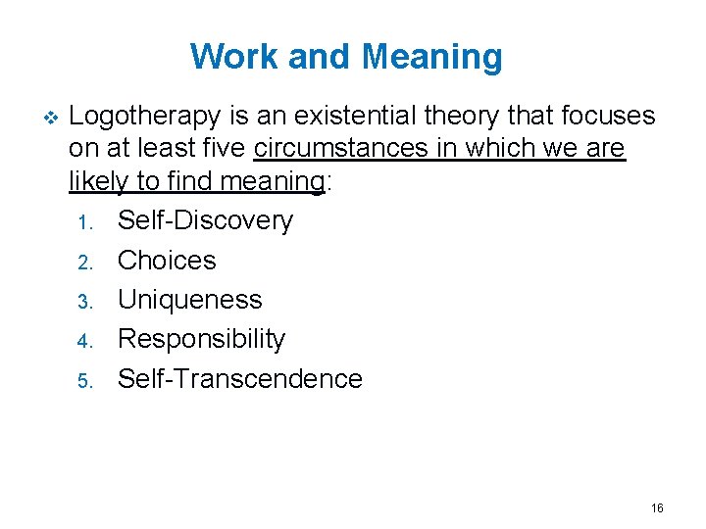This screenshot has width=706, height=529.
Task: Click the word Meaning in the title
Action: tap(431, 57)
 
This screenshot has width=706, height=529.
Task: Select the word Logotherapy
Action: tap(146, 117)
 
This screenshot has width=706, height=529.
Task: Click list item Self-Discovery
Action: tap(205, 220)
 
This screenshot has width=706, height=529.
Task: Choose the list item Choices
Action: tap(167, 260)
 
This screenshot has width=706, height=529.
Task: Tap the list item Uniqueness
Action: tap(189, 299)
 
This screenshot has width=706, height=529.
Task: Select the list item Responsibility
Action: tap(201, 339)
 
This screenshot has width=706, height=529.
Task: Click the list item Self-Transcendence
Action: tap(239, 378)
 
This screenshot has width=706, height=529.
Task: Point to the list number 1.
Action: tap(83, 222)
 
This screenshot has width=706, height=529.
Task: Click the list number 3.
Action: tap(84, 301)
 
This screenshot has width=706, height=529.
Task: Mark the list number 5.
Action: tap(84, 380)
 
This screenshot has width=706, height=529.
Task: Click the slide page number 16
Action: tap(657, 507)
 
